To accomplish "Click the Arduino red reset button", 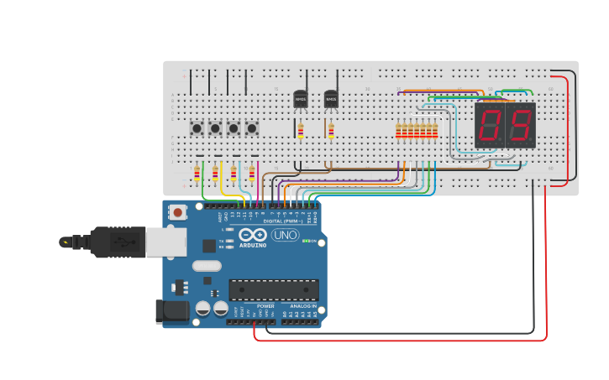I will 177,211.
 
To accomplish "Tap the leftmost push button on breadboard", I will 197,128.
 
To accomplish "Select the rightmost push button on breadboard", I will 251,128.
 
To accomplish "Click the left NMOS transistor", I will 300,99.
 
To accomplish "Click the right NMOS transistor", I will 331,99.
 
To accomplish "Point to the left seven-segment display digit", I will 490,126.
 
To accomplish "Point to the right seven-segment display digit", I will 521,126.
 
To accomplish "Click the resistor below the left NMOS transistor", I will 301,130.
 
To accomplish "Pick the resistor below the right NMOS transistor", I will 330,130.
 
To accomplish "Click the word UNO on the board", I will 285,236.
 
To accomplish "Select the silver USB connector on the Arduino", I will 166,242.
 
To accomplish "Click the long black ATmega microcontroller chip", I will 274,289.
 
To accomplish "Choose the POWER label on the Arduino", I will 265,306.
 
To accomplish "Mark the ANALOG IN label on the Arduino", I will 303,306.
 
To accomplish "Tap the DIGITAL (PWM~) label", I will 283,221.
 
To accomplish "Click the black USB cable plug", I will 118,242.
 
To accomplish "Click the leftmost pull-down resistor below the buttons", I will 197,174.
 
